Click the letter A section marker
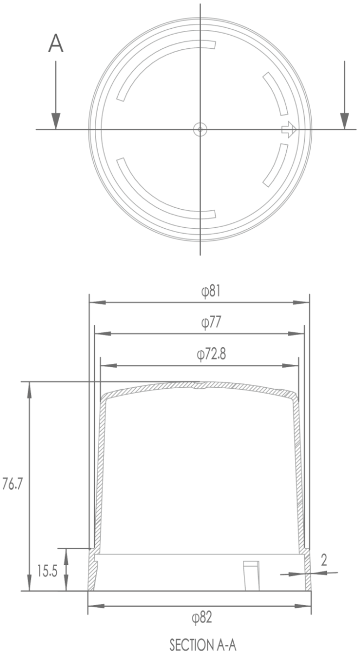pos(56,44)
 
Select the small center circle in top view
pos(200,129)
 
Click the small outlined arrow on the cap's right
pos(289,130)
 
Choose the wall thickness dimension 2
pos(324,561)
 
